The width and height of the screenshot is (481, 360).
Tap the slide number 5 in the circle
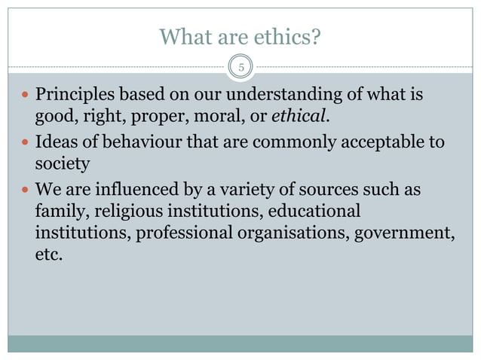pyautogui.click(x=241, y=67)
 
